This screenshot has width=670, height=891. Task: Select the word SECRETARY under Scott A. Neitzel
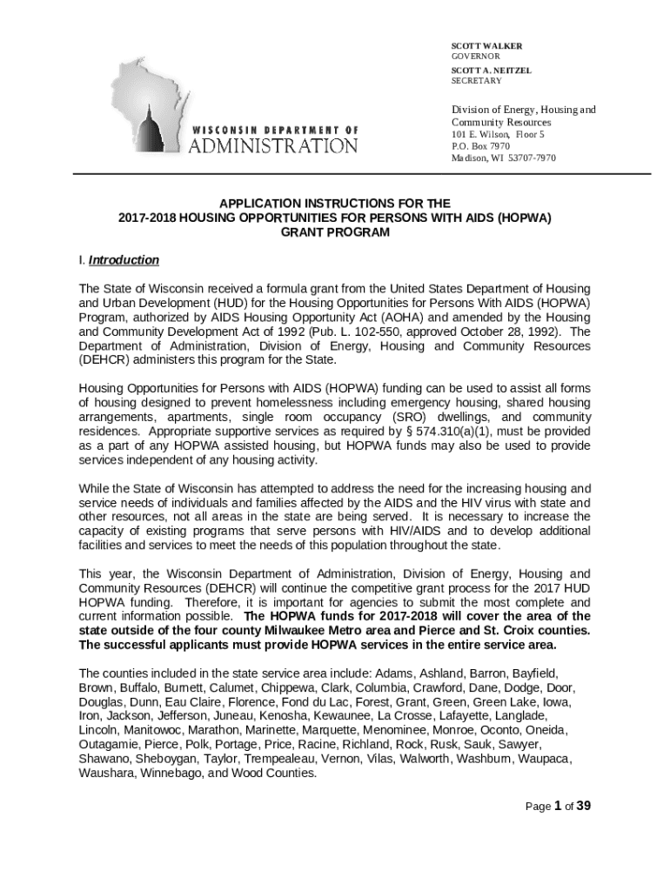point(476,81)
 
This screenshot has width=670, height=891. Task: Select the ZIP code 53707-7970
point(527,158)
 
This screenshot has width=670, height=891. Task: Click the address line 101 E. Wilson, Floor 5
point(497,135)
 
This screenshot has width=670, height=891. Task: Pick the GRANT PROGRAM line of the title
point(335,233)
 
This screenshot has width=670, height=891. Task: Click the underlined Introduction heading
point(124,260)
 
